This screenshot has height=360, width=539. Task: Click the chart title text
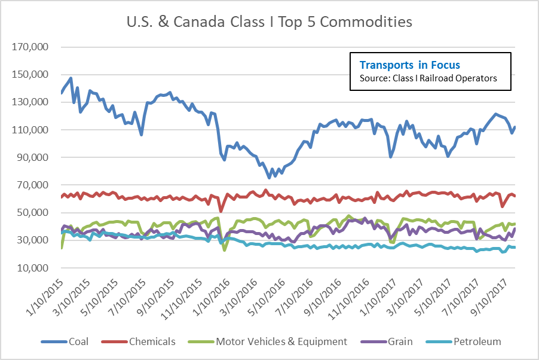pyautogui.click(x=269, y=23)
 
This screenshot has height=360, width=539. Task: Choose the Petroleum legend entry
pyautogui.click(x=466, y=341)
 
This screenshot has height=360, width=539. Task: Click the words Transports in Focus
pyautogui.click(x=409, y=65)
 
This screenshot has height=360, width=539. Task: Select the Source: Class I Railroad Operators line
pyautogui.click(x=428, y=78)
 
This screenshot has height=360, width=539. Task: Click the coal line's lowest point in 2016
pyautogui.click(x=269, y=177)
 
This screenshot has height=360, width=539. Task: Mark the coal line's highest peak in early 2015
pyautogui.click(x=71, y=78)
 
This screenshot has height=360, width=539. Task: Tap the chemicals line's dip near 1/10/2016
pyautogui.click(x=221, y=211)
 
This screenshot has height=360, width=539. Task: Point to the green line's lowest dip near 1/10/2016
pyautogui.click(x=225, y=249)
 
